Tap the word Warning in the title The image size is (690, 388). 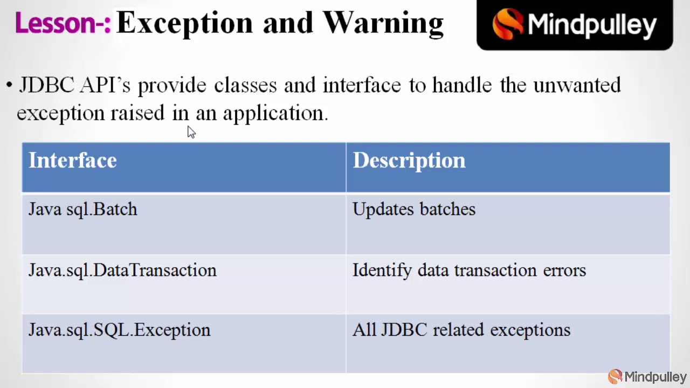(383, 23)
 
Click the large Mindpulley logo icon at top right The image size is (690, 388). (507, 24)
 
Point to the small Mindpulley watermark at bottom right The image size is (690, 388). (647, 376)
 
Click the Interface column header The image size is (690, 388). (73, 161)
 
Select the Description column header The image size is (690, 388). (409, 161)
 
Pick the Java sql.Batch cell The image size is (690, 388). (83, 210)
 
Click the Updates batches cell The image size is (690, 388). (414, 210)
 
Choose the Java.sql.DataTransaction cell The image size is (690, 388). (122, 271)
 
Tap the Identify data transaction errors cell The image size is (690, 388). (469, 271)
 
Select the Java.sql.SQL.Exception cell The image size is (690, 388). (119, 330)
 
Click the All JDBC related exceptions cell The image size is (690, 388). (461, 330)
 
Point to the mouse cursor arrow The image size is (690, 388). (191, 132)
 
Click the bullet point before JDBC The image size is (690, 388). (9, 85)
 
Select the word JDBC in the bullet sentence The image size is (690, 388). (46, 85)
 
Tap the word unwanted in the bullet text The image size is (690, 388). (577, 85)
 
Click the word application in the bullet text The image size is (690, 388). (275, 114)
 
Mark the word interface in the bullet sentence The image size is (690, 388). (362, 85)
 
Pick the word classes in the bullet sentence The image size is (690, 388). (245, 85)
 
